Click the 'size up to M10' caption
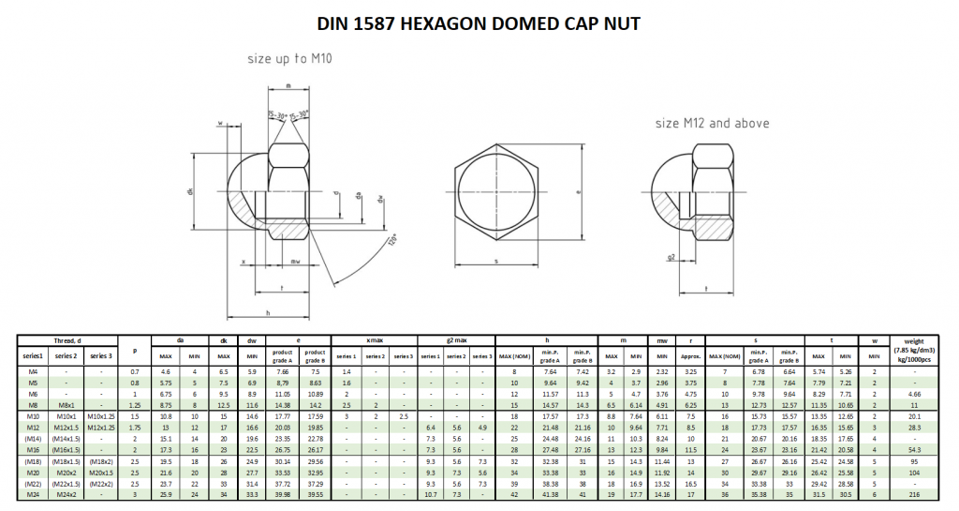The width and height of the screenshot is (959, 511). click(x=290, y=57)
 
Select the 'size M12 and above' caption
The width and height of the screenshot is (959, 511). click(x=712, y=123)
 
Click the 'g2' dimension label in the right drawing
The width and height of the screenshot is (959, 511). click(x=672, y=255)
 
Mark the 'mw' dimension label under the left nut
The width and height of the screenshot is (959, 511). click(x=297, y=262)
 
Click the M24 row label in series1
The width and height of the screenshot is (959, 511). click(x=34, y=494)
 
